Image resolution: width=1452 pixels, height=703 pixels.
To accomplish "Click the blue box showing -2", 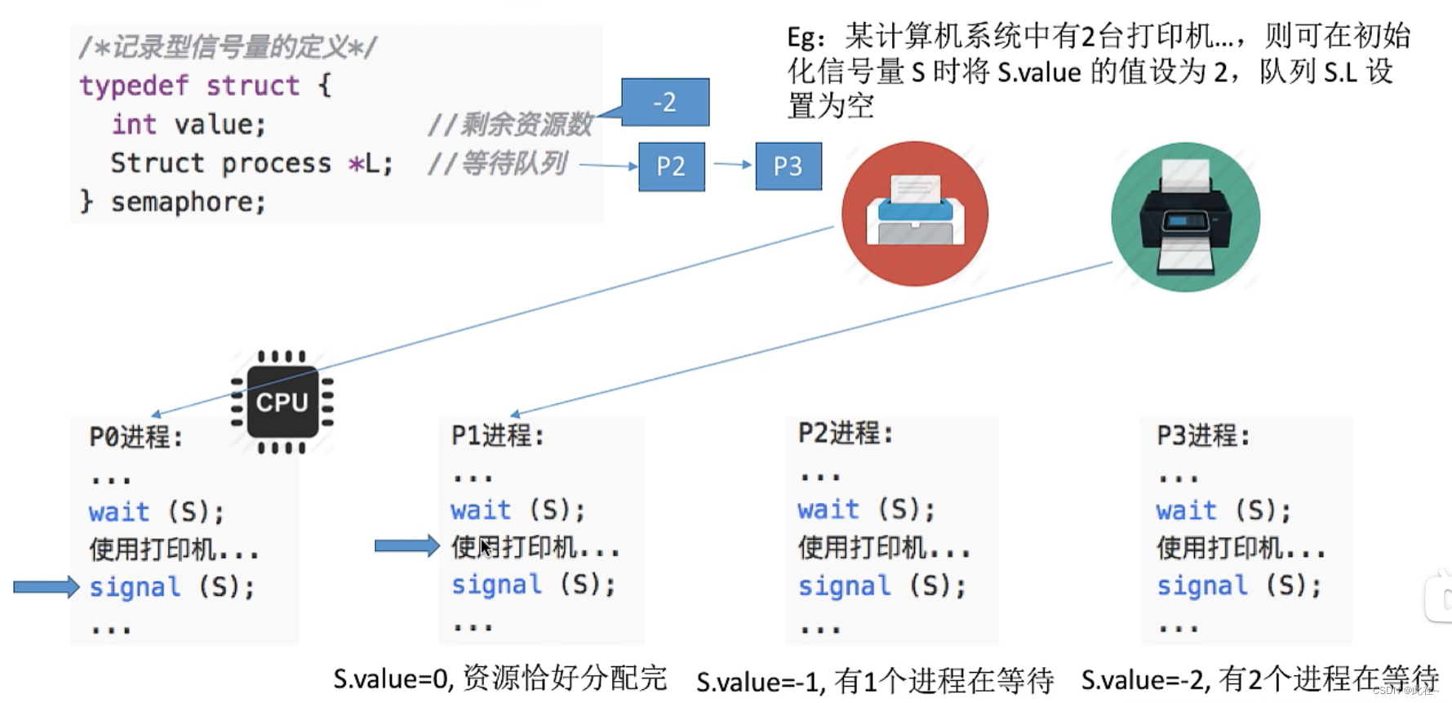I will [x=665, y=102].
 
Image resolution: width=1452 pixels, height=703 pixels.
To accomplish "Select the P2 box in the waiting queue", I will [x=671, y=167].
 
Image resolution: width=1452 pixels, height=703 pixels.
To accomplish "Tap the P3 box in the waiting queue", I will [x=788, y=167].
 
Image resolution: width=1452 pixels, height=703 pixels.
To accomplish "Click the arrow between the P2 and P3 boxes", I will [x=731, y=164].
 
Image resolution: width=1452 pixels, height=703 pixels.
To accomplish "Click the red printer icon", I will [x=915, y=214].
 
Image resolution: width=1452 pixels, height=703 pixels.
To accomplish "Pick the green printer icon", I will [x=1185, y=217].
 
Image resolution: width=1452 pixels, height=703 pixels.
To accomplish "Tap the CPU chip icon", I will [x=282, y=402].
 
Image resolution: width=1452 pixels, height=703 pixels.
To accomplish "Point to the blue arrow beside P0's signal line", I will [x=46, y=586].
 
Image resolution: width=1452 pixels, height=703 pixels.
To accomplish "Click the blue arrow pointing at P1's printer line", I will [x=406, y=545].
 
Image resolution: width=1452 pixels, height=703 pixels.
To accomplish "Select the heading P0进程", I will [x=135, y=437].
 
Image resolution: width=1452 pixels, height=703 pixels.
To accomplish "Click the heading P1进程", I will [x=497, y=435].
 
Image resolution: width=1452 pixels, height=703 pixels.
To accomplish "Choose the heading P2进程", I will [x=845, y=433].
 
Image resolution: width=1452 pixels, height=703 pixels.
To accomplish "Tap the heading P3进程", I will [x=1202, y=435].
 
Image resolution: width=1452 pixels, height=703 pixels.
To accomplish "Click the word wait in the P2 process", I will [x=828, y=509].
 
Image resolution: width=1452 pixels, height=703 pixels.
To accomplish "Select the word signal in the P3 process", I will [x=1202, y=585].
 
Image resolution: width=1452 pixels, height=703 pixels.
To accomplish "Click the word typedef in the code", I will [x=134, y=86].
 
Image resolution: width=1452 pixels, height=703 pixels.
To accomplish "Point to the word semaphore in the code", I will [x=189, y=202].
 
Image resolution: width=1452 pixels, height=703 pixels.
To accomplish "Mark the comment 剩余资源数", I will [x=526, y=124].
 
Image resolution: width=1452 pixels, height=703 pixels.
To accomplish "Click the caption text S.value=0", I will [x=393, y=679].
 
